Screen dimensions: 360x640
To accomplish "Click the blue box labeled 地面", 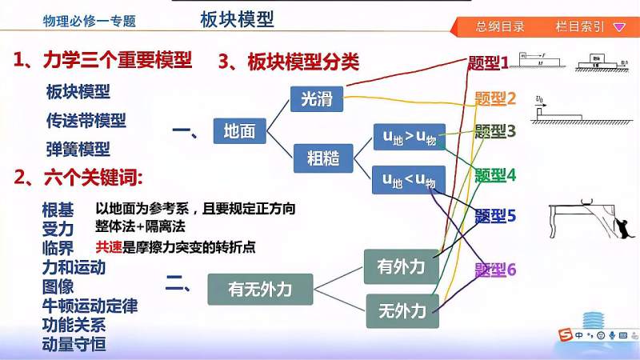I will (239, 130).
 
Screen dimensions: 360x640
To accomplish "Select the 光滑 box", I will (316, 99).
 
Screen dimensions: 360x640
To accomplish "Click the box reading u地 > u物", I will (408, 137).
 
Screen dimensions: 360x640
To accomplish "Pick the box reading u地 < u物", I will (408, 179).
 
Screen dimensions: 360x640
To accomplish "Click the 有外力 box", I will (401, 266).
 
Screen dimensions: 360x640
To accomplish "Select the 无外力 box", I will (402, 310).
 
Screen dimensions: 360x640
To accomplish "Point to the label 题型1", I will (488, 62).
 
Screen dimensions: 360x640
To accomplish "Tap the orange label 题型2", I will (495, 98).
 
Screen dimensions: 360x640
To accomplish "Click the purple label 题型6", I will (495, 270).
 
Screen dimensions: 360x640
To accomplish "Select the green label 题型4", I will (495, 174).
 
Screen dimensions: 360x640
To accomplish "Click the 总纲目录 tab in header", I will (500, 26).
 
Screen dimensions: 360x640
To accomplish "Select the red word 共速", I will (109, 247).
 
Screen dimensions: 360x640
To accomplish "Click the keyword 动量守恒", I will (74, 345).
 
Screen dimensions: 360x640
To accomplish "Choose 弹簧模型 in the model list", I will (78, 149).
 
